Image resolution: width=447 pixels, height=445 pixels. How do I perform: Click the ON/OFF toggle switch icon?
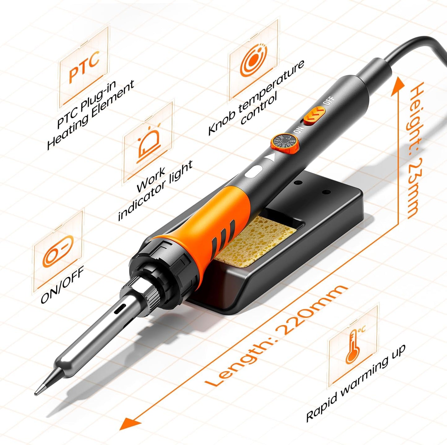[x=58, y=250]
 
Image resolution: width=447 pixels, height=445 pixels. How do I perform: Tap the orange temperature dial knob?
[x=284, y=143]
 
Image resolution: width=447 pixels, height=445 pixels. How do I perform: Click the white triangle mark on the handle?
[x=269, y=158]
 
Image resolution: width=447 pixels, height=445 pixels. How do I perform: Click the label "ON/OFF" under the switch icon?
[x=62, y=285]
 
